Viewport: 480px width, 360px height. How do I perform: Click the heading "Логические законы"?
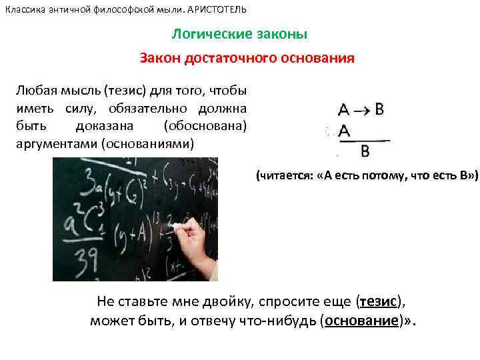point(240,34)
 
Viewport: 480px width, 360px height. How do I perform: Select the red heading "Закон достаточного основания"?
point(247,58)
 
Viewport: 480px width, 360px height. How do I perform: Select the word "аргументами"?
point(56,143)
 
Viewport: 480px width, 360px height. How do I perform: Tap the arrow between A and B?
point(363,110)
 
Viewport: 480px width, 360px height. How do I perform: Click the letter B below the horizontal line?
point(365,151)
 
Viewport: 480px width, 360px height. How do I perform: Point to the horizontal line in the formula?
point(363,141)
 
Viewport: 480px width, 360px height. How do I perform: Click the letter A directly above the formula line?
point(345,131)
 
